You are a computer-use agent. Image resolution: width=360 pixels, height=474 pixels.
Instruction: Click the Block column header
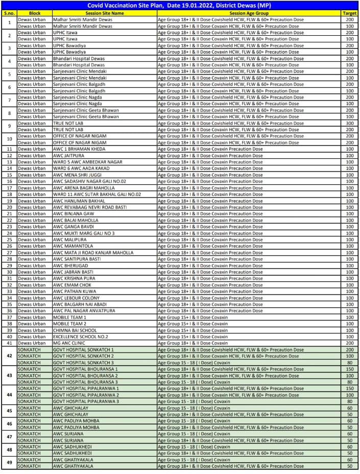(x=35, y=12)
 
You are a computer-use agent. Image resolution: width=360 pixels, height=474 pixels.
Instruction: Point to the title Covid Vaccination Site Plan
(x=181, y=5)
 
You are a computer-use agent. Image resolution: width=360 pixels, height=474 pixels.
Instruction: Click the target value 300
(x=349, y=123)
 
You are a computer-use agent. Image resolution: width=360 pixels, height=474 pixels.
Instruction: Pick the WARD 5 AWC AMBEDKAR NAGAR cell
(x=87, y=162)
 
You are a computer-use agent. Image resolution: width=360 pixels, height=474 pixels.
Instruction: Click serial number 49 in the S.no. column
(x=9, y=463)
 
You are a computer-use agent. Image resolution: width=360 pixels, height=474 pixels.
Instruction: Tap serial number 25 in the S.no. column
(x=9, y=239)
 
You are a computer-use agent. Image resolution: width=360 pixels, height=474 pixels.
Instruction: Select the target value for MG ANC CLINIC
(x=349, y=343)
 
